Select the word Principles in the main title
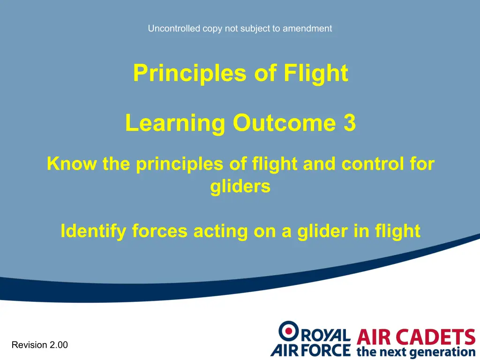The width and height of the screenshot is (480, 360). pos(190,74)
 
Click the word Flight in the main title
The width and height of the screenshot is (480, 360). pos(316,74)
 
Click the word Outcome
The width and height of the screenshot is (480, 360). pos(285,123)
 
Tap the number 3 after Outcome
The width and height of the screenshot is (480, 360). pos(350,123)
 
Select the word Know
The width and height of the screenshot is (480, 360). pos(72,164)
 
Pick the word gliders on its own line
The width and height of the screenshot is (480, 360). pos(240,187)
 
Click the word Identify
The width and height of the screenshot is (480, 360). pos(93,231)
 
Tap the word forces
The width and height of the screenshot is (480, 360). pos(160,231)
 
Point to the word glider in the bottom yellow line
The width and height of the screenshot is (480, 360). pos(322,231)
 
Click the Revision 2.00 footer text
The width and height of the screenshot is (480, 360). pos(40,345)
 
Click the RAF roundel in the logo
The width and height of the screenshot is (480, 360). pos(288,331)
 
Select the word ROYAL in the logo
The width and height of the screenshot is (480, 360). pos(326,335)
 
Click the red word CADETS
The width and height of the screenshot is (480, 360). pos(435,337)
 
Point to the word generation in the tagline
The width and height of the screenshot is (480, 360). pos(442,352)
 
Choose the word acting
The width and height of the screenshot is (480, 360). pos(221,231)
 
